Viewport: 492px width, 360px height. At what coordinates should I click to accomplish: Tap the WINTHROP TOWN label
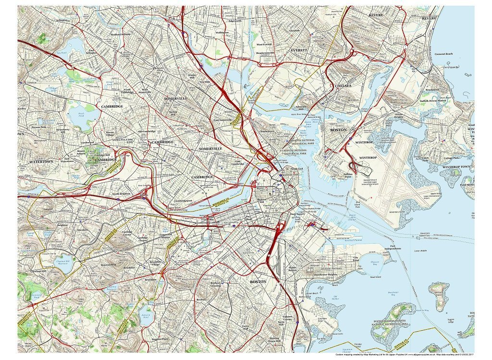458,167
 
